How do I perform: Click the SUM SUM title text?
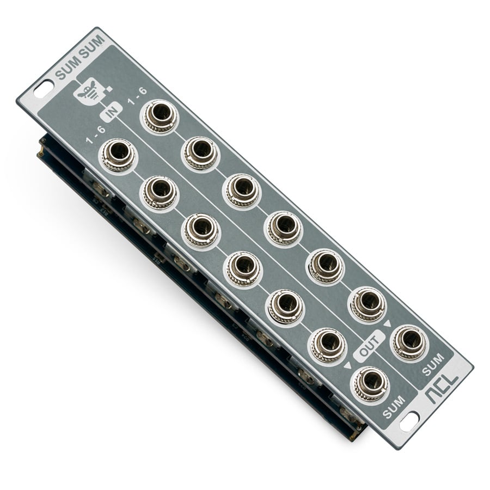pos(79,58)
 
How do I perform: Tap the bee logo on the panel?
pos(85,92)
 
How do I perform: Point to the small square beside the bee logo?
pos(109,89)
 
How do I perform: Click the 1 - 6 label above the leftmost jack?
pos(96,135)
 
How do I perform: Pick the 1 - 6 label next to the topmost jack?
pos(137,96)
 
